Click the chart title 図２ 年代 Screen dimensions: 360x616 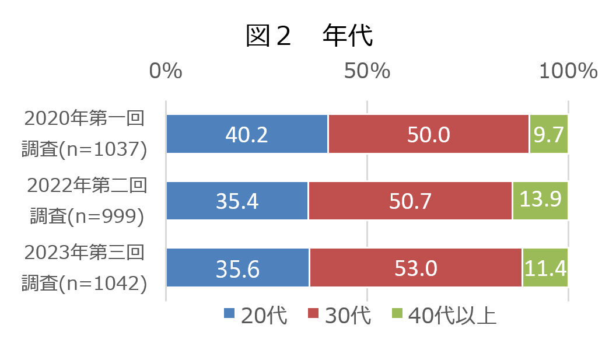pos(309,36)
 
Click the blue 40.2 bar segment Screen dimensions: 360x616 pos(247,134)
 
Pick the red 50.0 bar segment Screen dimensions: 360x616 pos(428,134)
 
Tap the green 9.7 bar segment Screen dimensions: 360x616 pos(548,134)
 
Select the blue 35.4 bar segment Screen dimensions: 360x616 pos(237,201)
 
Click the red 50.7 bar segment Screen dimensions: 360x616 pos(410,201)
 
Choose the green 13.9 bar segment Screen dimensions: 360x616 pos(540,201)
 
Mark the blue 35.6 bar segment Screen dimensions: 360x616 pos(237,268)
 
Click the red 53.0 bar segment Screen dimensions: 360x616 pos(415,268)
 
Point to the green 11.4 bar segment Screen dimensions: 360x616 pos(545,268)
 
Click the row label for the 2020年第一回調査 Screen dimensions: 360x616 pos(84,134)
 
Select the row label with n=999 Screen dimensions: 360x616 pos(86,201)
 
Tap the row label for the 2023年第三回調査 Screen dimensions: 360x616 pos(84,268)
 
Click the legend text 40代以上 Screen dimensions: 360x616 pos(452,315)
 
